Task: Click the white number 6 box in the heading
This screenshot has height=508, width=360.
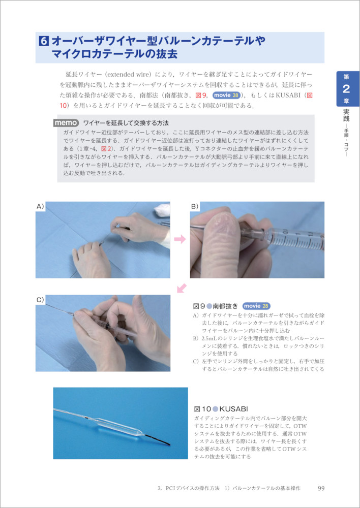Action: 44,41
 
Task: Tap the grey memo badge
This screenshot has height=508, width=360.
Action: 66,123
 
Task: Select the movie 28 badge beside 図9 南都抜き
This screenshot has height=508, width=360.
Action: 257,306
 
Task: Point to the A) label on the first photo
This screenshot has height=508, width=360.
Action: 40,206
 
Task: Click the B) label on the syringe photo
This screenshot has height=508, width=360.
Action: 195,206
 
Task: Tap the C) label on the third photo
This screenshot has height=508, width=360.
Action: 40,299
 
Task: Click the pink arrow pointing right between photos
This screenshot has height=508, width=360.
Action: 180,239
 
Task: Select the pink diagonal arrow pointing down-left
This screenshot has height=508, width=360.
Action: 182,288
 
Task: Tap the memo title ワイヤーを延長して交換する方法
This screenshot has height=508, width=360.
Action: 126,123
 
